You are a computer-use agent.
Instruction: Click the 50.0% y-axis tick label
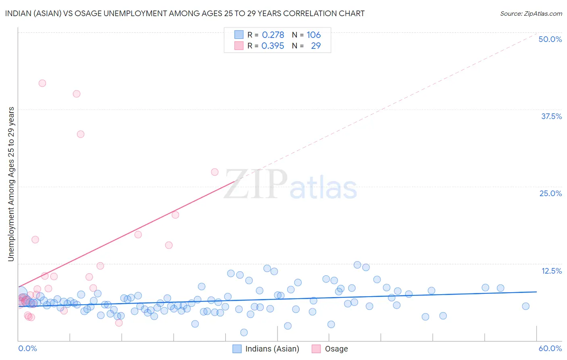(550, 39)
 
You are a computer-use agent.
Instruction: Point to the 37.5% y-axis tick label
(551, 116)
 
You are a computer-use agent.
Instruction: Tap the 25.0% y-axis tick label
(550, 193)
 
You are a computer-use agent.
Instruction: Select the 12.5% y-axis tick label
(551, 271)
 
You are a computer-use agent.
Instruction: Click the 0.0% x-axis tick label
(27, 348)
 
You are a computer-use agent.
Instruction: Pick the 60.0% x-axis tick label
(550, 348)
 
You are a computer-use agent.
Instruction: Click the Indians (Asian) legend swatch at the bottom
(237, 349)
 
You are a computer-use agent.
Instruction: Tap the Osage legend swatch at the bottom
(316, 349)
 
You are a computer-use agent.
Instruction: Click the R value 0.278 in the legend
(273, 35)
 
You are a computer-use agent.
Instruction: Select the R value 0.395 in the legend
(273, 46)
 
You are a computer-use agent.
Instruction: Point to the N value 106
(313, 35)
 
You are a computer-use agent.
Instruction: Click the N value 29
(316, 46)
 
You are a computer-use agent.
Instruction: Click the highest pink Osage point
(42, 83)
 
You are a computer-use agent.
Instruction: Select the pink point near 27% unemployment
(215, 172)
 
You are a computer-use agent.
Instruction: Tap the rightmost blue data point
(525, 306)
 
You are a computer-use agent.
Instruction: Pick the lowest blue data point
(244, 332)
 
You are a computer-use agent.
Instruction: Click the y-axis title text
(11, 184)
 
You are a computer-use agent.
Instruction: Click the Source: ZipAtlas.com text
(531, 14)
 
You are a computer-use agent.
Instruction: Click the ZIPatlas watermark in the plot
(290, 185)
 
